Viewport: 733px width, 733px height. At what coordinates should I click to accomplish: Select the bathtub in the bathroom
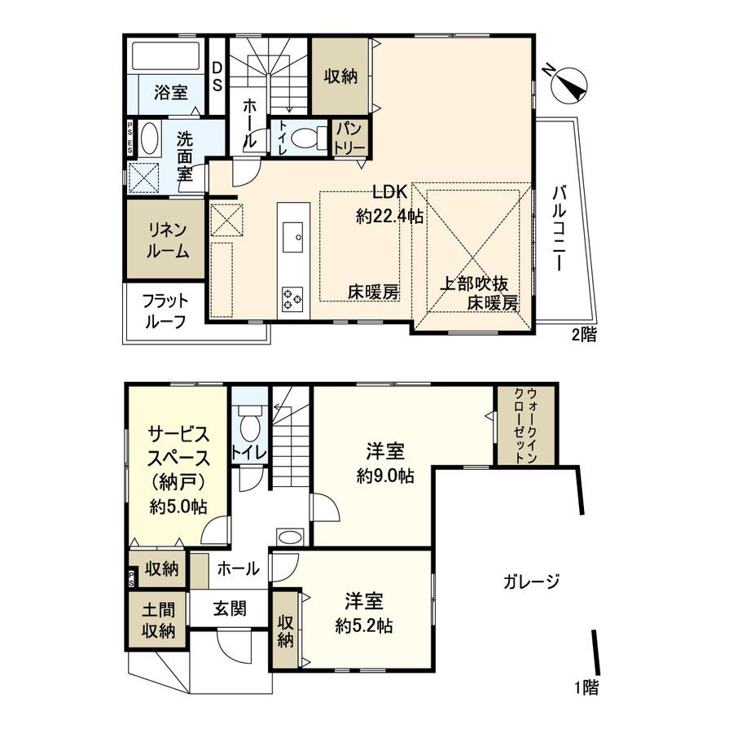[165, 56]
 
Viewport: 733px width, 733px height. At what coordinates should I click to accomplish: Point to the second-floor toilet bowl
[304, 138]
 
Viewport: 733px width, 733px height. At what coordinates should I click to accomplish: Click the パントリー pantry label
[350, 137]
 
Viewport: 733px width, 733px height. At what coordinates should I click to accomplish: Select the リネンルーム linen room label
[167, 241]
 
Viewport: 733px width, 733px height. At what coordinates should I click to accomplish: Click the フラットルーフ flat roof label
[165, 309]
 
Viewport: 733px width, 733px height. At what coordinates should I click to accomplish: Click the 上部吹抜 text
[476, 285]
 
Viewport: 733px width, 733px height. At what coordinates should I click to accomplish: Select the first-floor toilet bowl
[250, 424]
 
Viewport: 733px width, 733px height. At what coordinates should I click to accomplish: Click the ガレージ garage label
[531, 582]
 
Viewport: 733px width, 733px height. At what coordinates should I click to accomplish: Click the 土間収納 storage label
[158, 618]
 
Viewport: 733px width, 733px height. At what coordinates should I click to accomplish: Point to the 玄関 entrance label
[231, 608]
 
